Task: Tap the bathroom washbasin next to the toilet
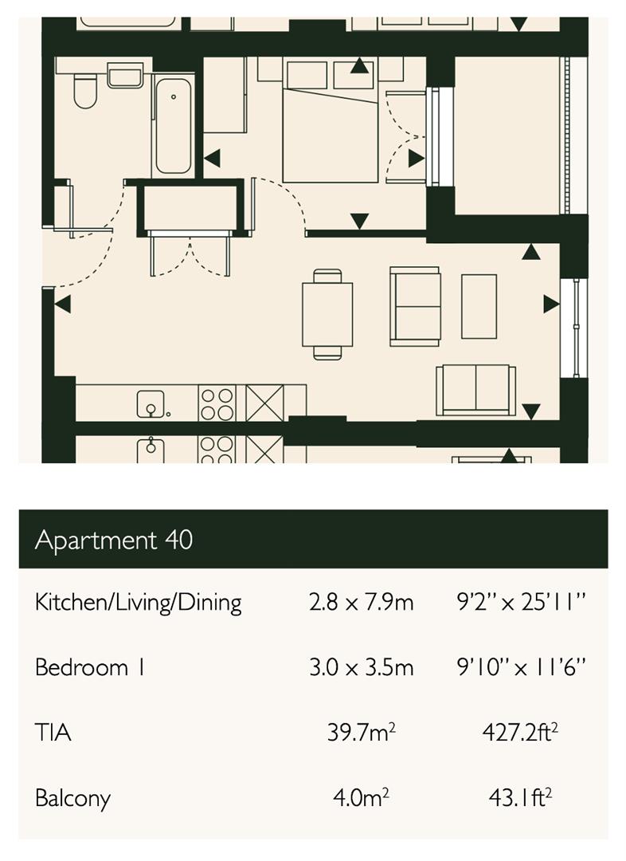(x=124, y=77)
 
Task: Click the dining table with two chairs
(x=327, y=314)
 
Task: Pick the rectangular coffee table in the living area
(x=479, y=306)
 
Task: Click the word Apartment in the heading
(x=96, y=540)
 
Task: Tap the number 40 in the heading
(x=179, y=540)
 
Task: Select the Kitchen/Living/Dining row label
(x=138, y=602)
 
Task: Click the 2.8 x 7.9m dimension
(x=361, y=602)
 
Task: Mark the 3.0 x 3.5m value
(x=361, y=666)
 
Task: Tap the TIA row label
(x=53, y=732)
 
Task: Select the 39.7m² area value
(x=361, y=732)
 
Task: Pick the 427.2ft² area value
(x=519, y=732)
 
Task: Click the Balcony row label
(x=72, y=798)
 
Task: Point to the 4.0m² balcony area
(x=361, y=797)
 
